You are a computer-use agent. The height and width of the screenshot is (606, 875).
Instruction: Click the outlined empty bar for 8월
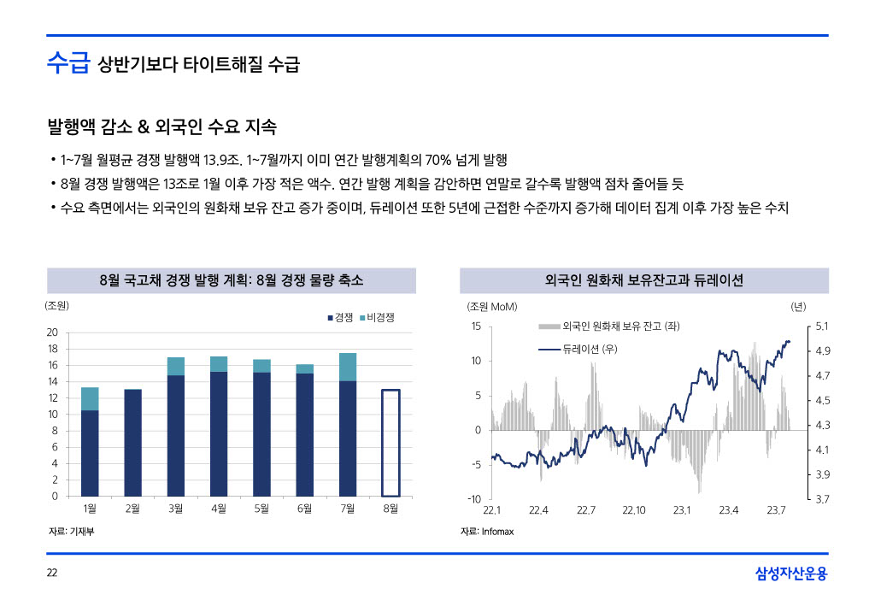(391, 443)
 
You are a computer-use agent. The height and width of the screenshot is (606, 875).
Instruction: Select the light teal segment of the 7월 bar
(348, 367)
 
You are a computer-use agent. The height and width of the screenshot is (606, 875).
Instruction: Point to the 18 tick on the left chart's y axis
(53, 349)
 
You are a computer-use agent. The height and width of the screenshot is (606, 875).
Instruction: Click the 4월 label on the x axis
(219, 509)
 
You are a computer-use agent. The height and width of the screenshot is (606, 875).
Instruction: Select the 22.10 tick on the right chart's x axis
(633, 510)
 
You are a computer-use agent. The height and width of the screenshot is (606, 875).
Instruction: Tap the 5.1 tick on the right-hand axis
(823, 327)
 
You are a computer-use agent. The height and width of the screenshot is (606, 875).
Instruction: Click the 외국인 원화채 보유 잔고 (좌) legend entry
(609, 327)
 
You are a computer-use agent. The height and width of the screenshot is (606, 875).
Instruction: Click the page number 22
(51, 573)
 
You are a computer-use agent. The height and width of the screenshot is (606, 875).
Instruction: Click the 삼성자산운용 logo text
(791, 573)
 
